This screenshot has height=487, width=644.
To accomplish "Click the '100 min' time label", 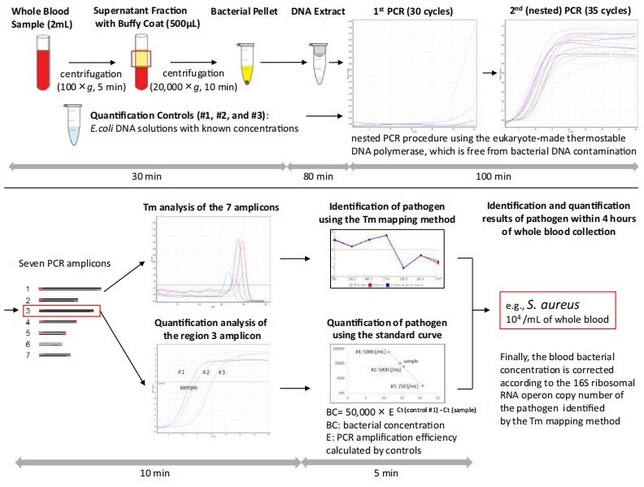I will tap(495, 176).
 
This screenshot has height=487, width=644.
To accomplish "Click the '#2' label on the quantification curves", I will tap(207, 372).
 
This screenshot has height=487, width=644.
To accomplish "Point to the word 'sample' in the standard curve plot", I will tap(412, 359).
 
